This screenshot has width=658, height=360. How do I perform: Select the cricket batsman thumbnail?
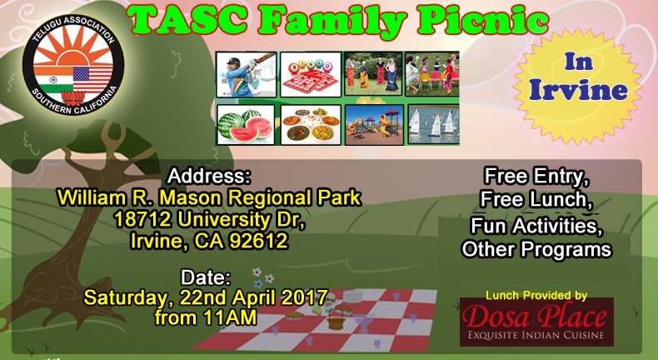click(x=246, y=74)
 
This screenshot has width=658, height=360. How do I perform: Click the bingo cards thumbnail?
click(x=311, y=74)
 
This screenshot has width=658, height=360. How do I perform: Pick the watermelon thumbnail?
click(x=246, y=123)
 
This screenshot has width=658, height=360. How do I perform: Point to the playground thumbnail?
click(x=374, y=123)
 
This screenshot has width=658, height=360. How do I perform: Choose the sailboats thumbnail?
click(x=433, y=123)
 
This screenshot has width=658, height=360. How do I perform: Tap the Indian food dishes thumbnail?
click(x=311, y=123)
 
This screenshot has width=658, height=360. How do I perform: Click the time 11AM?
click(x=232, y=317)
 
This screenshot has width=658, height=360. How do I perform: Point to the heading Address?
click(x=208, y=177)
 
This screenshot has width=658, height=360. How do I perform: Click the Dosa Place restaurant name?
click(x=536, y=317)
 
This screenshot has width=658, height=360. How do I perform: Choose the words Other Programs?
click(x=536, y=248)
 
